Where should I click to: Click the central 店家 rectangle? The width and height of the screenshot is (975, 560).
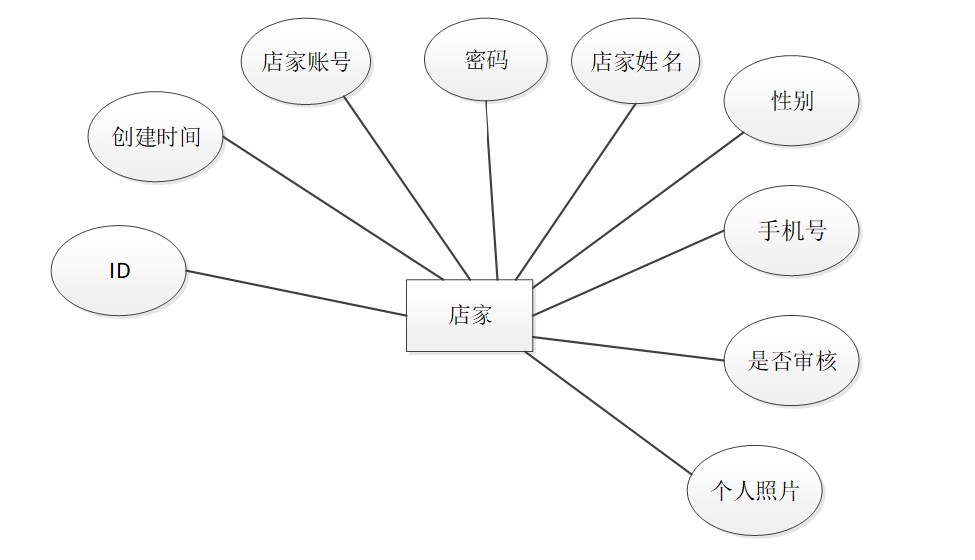[469, 315]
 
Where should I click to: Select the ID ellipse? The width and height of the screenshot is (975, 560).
[119, 271]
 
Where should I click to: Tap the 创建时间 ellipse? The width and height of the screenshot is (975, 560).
[155, 137]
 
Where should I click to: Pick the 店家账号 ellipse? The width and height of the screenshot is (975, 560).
[306, 61]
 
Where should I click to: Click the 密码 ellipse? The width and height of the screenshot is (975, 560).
[486, 60]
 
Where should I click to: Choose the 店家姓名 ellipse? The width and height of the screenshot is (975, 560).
[636, 61]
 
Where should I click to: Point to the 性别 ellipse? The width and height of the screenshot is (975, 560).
[791, 100]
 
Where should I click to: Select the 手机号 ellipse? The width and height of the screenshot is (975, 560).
[791, 231]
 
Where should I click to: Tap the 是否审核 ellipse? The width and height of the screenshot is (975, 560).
[791, 361]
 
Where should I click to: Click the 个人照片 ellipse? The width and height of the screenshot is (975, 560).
[755, 491]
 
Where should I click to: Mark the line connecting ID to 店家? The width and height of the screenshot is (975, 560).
[296, 293]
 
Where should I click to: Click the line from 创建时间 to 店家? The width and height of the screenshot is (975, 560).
[333, 208]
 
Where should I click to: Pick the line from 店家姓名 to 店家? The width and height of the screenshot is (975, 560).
[576, 191]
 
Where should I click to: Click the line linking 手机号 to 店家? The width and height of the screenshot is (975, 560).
[629, 273]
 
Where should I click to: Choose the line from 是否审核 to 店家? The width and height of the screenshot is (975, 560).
[629, 349]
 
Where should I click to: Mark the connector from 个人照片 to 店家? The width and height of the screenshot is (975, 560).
[607, 413]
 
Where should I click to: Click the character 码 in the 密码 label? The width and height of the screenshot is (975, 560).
[497, 60]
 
